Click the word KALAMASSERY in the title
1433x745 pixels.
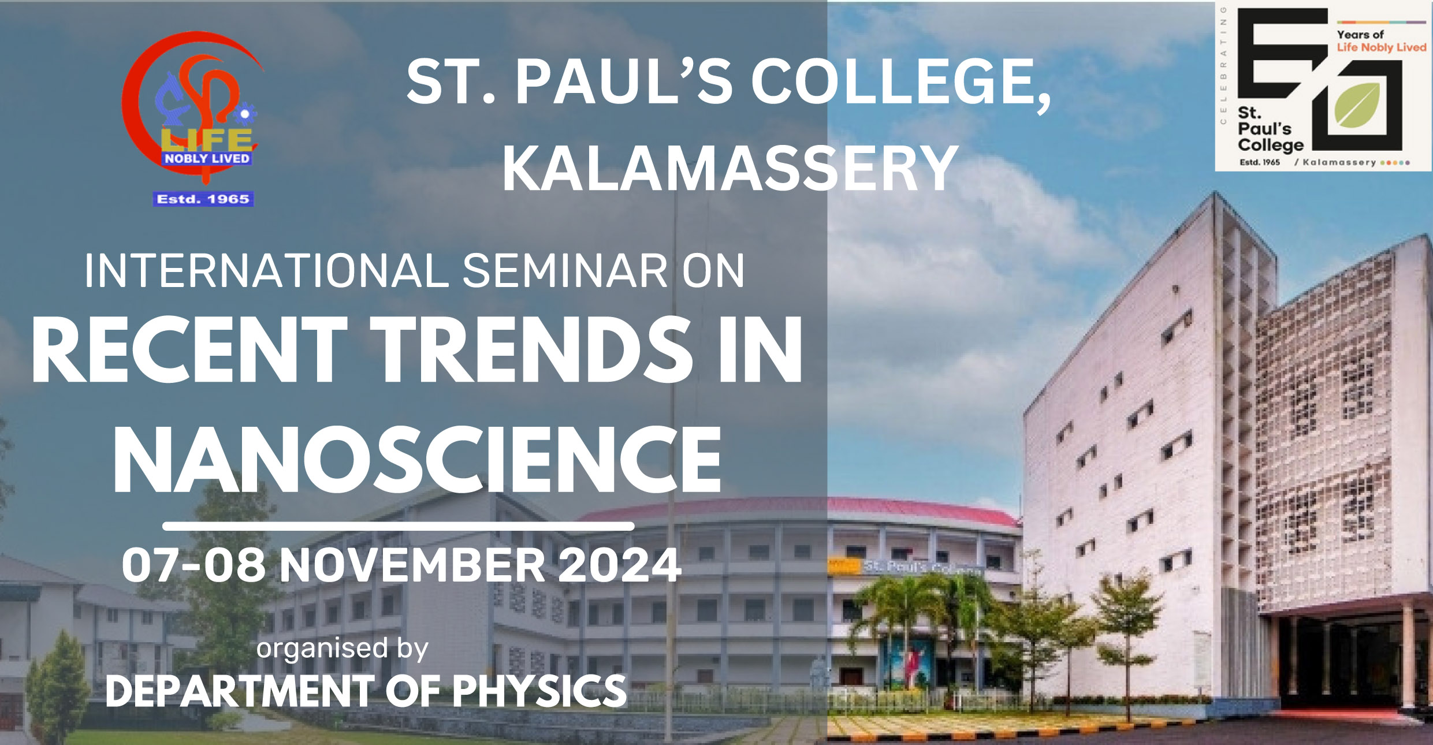[730, 169]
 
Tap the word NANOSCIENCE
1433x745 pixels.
[417, 460]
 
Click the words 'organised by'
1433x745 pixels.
[343, 649]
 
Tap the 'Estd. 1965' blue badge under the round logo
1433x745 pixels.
[203, 199]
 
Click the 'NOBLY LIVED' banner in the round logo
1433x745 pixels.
[207, 158]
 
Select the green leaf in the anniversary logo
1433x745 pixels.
[1357, 105]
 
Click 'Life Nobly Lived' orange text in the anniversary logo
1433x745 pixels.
[1382, 47]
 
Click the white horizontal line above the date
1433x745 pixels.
[399, 526]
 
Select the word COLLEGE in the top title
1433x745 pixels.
[901, 83]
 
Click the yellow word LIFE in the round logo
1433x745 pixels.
[206, 139]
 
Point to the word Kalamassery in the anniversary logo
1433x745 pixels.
[1339, 162]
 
